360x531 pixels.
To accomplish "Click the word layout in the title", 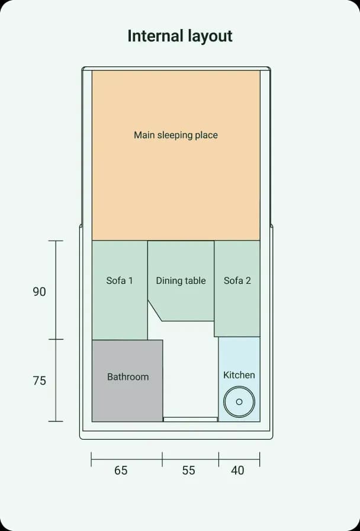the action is [205, 37].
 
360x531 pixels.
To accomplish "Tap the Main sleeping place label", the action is [176, 135].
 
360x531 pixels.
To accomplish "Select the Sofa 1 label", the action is [120, 280].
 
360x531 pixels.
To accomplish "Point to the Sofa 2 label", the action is [237, 280].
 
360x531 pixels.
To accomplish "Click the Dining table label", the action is [181, 281].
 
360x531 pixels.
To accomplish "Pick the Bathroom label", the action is [128, 376].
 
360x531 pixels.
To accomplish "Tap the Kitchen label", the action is [239, 375].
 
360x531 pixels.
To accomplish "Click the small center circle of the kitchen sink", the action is [239, 402].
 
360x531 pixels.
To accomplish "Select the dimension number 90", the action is [39, 292].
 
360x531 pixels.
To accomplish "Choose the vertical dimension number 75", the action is [39, 380].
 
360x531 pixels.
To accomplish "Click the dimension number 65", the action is [121, 470].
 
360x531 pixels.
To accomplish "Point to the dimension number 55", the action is [188, 470].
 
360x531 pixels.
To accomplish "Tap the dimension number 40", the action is [237, 470].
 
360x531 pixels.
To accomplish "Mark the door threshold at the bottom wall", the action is [191, 419].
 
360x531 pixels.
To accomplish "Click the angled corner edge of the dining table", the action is [155, 311].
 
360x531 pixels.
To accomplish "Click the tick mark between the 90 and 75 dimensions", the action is [56, 340].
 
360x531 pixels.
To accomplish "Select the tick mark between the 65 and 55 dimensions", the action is [162, 459].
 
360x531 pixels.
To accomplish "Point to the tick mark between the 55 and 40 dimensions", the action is [219, 459].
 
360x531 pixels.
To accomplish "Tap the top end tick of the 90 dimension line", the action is [56, 241].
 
